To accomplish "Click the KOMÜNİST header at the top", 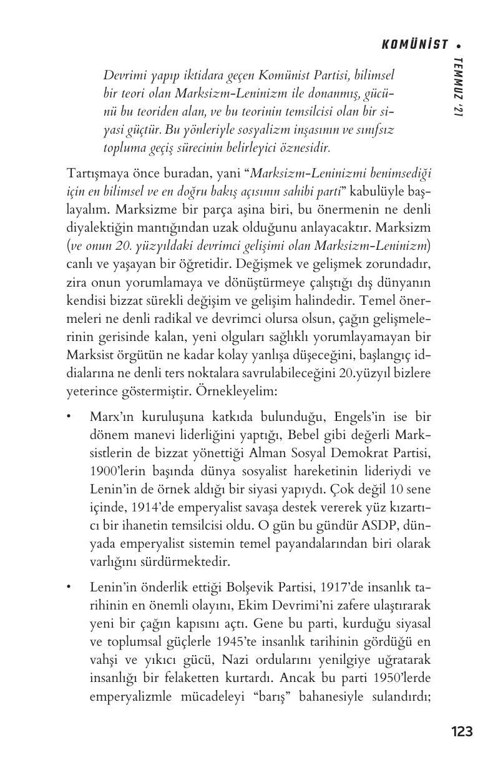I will click(x=414, y=44).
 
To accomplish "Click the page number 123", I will click(x=461, y=731).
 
